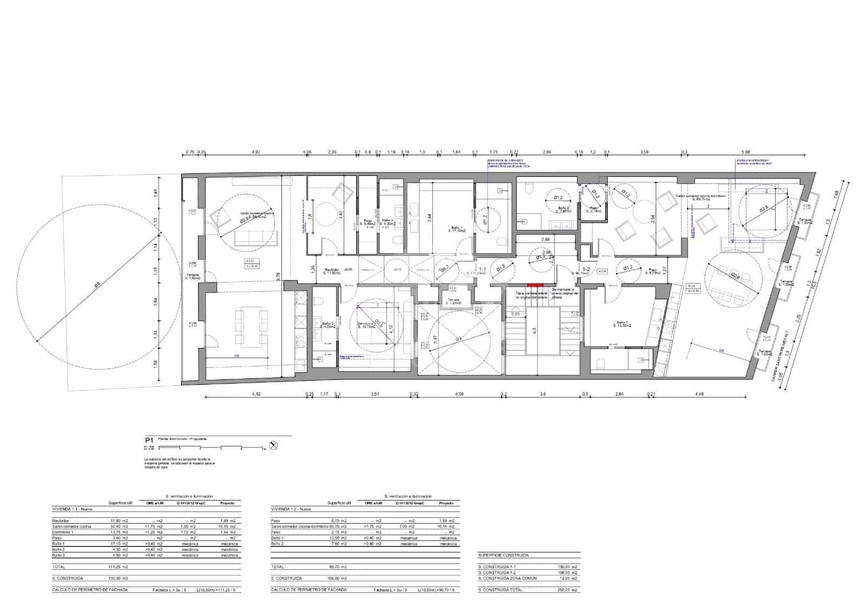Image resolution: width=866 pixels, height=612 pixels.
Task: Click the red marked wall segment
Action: click(535, 285)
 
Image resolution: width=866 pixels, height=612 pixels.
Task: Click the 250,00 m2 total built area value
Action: click(567, 590)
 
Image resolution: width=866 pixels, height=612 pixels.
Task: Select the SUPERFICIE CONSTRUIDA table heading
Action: click(503, 555)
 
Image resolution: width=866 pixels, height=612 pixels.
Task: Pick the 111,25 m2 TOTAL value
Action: click(117, 567)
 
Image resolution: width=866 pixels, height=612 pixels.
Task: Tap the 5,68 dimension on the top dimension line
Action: click(746, 153)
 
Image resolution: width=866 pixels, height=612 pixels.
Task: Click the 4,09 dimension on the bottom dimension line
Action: click(460, 394)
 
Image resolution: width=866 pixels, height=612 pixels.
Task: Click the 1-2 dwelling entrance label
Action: click(586, 269)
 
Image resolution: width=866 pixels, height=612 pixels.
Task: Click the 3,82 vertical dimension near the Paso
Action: click(340, 214)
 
